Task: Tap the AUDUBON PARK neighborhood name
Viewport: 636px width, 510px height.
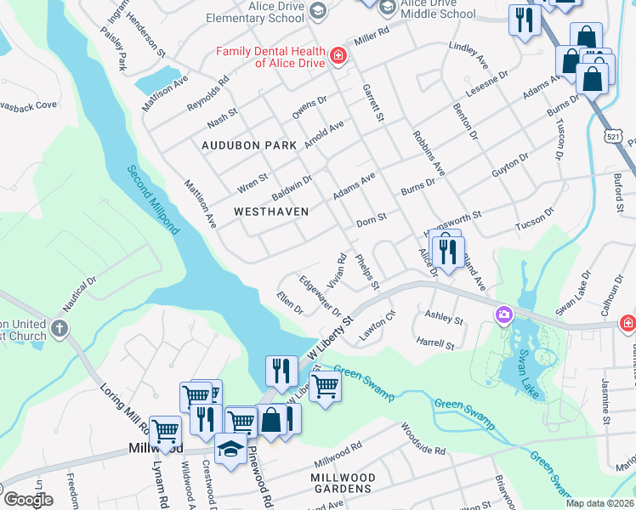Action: click(x=249, y=145)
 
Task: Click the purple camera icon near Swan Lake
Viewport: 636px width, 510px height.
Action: click(x=504, y=316)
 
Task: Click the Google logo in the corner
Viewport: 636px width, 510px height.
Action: click(x=28, y=499)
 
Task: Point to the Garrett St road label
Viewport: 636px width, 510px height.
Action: click(x=373, y=101)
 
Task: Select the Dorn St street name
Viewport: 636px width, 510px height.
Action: click(x=372, y=218)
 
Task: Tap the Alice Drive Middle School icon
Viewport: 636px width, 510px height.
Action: click(x=388, y=8)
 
